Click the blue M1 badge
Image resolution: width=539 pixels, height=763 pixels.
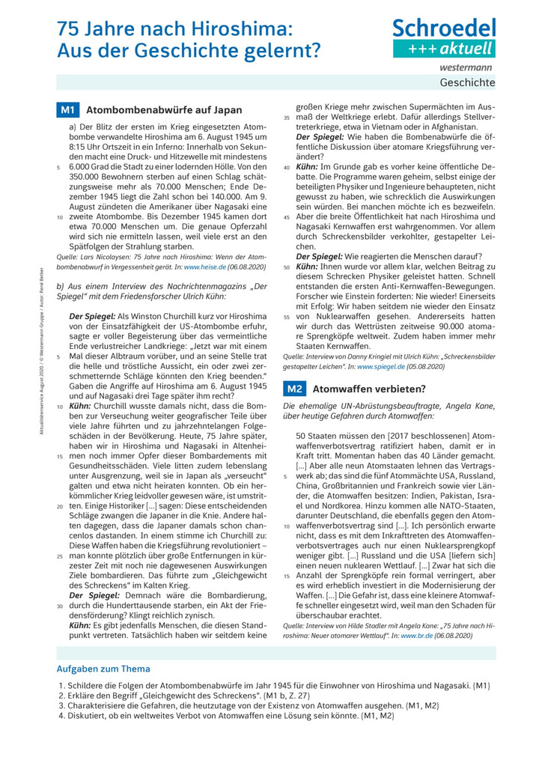tap(67, 109)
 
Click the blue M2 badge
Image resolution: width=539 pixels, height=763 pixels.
tap(294, 389)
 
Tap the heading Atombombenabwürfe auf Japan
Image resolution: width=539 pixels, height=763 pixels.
tap(164, 110)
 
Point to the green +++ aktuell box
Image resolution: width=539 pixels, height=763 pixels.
tap(445, 49)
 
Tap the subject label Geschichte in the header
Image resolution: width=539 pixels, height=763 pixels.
tap(467, 82)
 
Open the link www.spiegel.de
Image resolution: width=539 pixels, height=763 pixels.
tap(381, 367)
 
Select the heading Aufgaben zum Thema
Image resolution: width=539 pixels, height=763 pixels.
tap(103, 669)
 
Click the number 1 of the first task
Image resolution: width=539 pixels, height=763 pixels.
tap(61, 685)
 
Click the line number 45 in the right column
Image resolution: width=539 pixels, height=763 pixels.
tap(287, 217)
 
